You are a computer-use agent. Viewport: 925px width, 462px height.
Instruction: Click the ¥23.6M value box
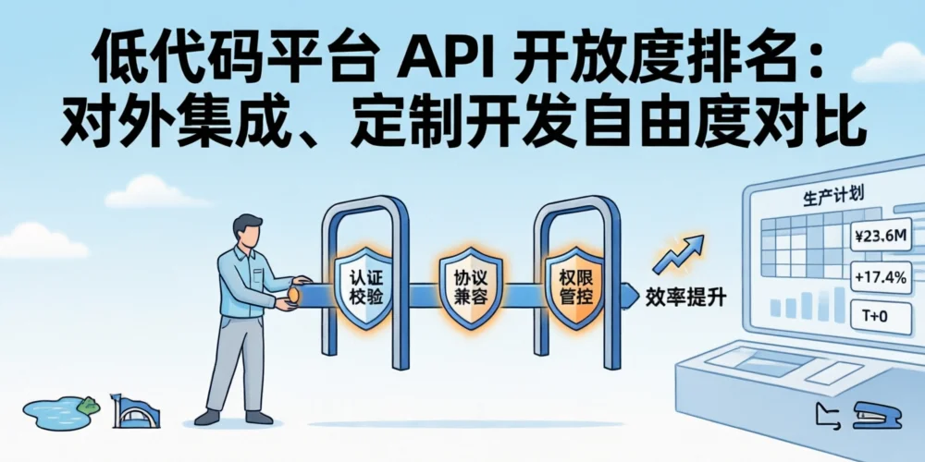880,238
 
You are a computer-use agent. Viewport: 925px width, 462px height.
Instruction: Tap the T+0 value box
874,316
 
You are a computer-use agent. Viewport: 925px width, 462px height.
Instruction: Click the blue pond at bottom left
56,411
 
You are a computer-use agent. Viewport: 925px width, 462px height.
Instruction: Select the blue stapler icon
875,416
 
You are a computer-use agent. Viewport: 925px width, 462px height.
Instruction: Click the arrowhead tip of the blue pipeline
639,295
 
